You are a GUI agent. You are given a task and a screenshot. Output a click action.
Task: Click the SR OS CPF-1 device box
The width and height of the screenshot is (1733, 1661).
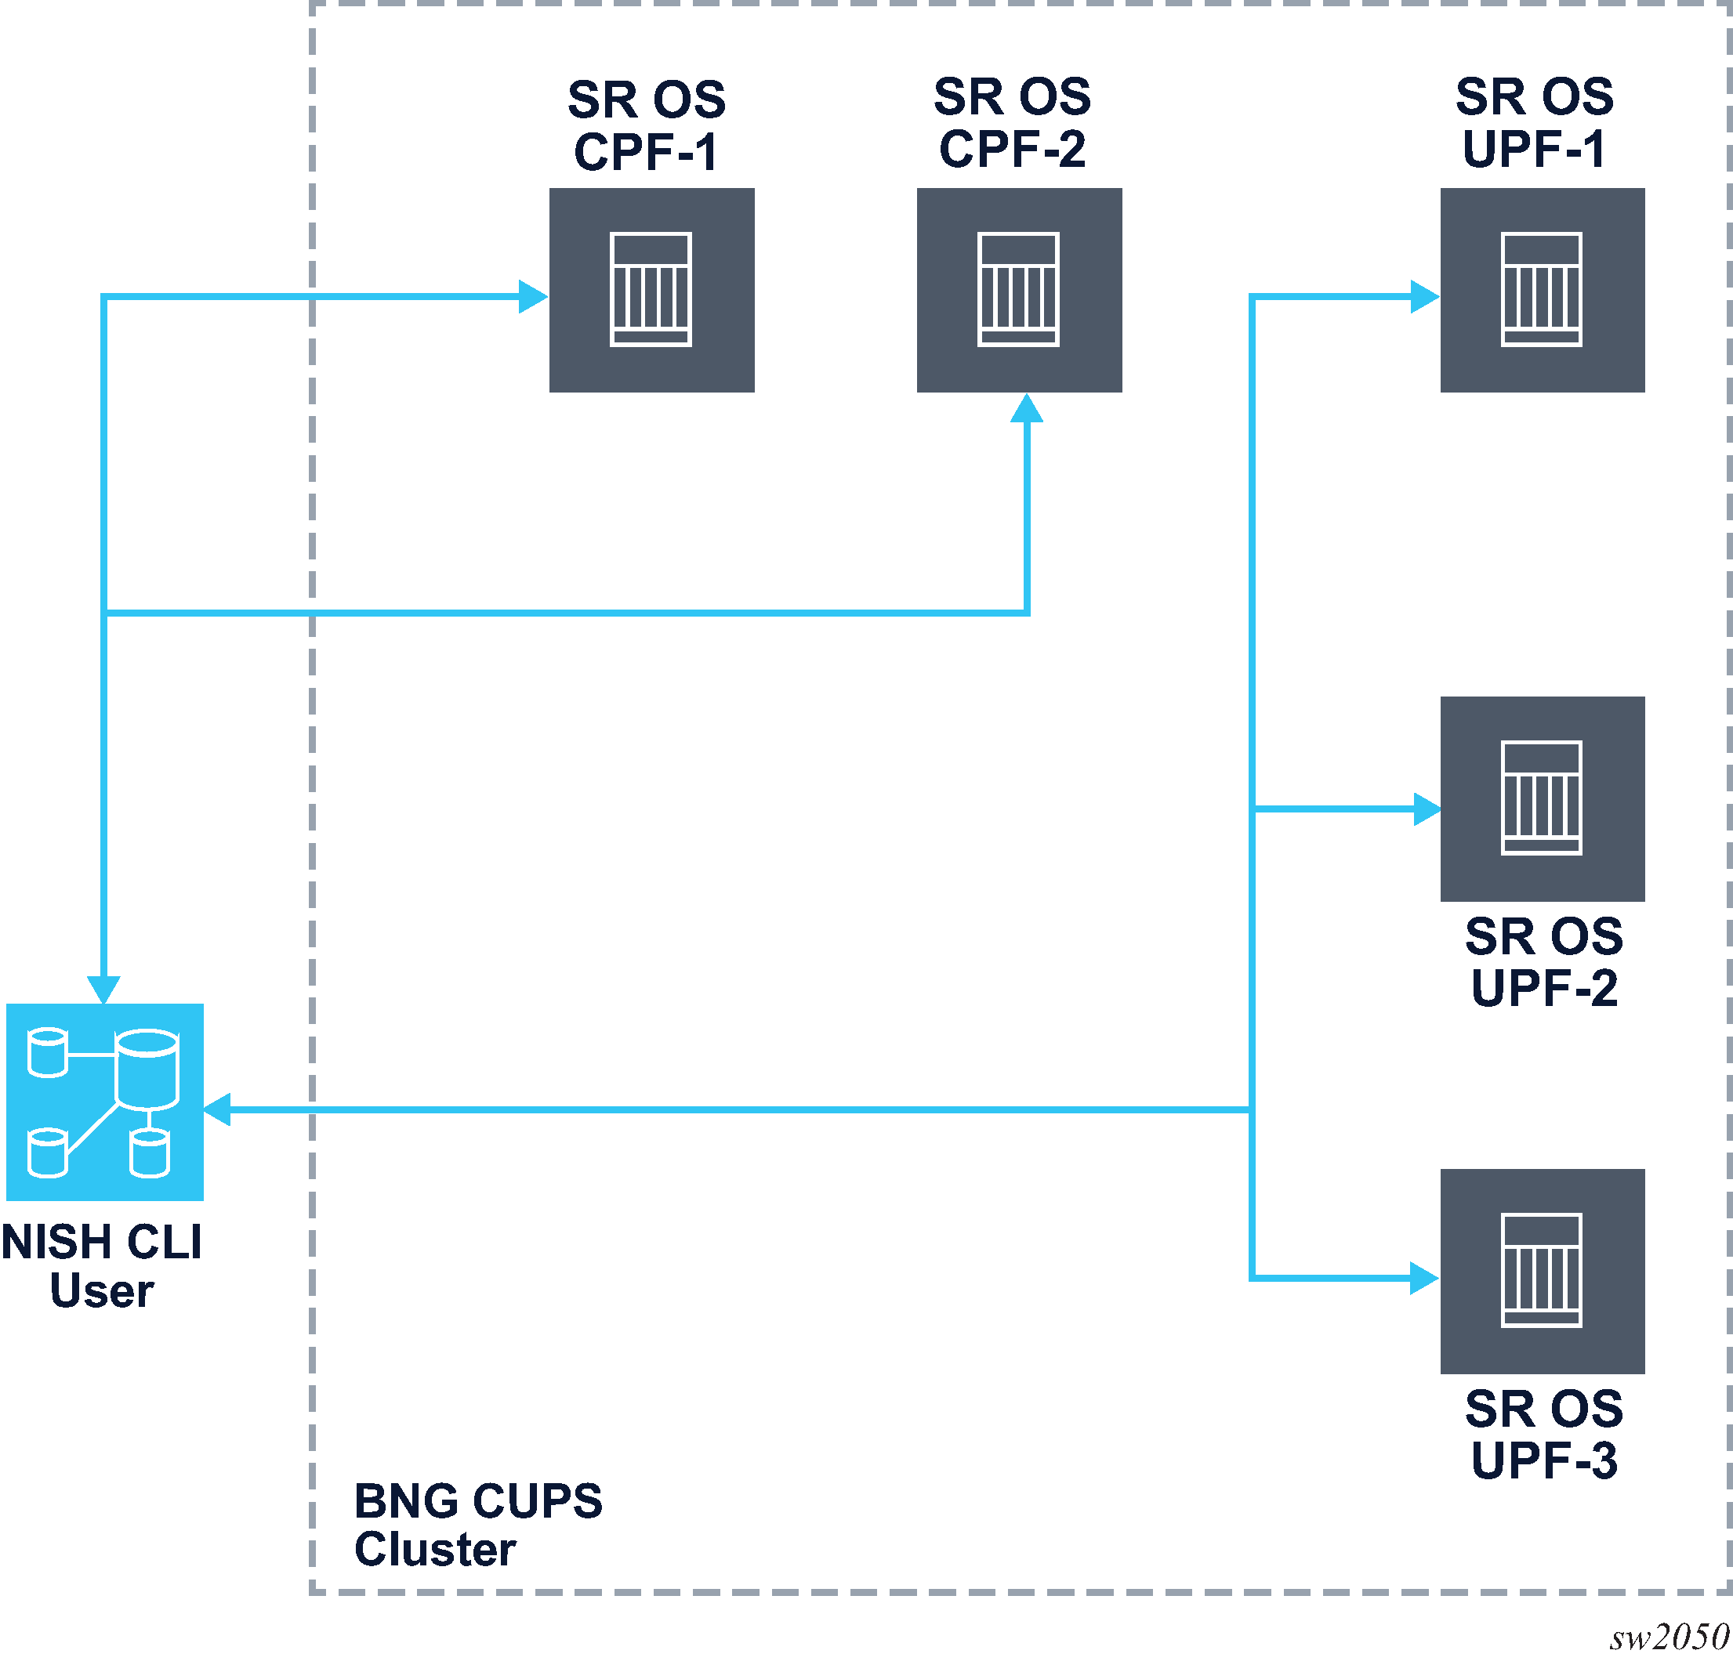pyautogui.click(x=651, y=290)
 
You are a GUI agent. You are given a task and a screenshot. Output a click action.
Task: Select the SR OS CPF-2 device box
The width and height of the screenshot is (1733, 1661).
pyautogui.click(x=1019, y=290)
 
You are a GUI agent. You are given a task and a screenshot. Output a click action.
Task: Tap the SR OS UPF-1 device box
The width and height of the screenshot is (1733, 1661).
pyautogui.click(x=1542, y=290)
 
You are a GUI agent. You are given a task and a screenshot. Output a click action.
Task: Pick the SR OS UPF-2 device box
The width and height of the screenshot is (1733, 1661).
pyautogui.click(x=1542, y=798)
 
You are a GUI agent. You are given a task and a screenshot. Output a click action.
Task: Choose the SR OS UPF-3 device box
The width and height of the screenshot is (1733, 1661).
pyautogui.click(x=1542, y=1270)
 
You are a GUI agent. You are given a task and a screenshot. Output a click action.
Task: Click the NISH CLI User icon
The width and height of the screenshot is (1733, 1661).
pyautogui.click(x=104, y=1102)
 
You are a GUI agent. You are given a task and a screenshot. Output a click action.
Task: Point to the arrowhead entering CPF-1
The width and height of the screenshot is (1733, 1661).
pyautogui.click(x=533, y=297)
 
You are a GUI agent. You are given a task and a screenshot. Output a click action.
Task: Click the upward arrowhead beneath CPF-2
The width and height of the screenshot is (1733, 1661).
pyautogui.click(x=1027, y=409)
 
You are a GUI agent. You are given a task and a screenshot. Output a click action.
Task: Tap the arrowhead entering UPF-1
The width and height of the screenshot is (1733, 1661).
pyautogui.click(x=1424, y=297)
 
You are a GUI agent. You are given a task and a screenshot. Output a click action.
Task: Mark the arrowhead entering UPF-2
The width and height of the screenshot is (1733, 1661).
pyautogui.click(x=1427, y=809)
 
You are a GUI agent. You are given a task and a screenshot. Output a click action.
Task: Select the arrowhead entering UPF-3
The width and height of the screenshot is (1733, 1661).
pyautogui.click(x=1424, y=1278)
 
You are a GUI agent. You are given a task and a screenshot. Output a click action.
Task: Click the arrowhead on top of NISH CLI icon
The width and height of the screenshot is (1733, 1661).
pyautogui.click(x=103, y=990)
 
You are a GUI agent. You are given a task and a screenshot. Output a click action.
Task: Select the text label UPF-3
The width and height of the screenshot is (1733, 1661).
pyautogui.click(x=1544, y=1460)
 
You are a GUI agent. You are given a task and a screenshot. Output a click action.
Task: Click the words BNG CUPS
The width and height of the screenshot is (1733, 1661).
pyautogui.click(x=478, y=1501)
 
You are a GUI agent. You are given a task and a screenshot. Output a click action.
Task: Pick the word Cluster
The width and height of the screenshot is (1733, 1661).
pyautogui.click(x=435, y=1550)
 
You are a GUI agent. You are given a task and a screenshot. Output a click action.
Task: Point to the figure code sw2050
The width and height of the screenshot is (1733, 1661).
pyautogui.click(x=1669, y=1637)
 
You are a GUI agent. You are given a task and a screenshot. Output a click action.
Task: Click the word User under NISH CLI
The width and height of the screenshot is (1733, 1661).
pyautogui.click(x=102, y=1290)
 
